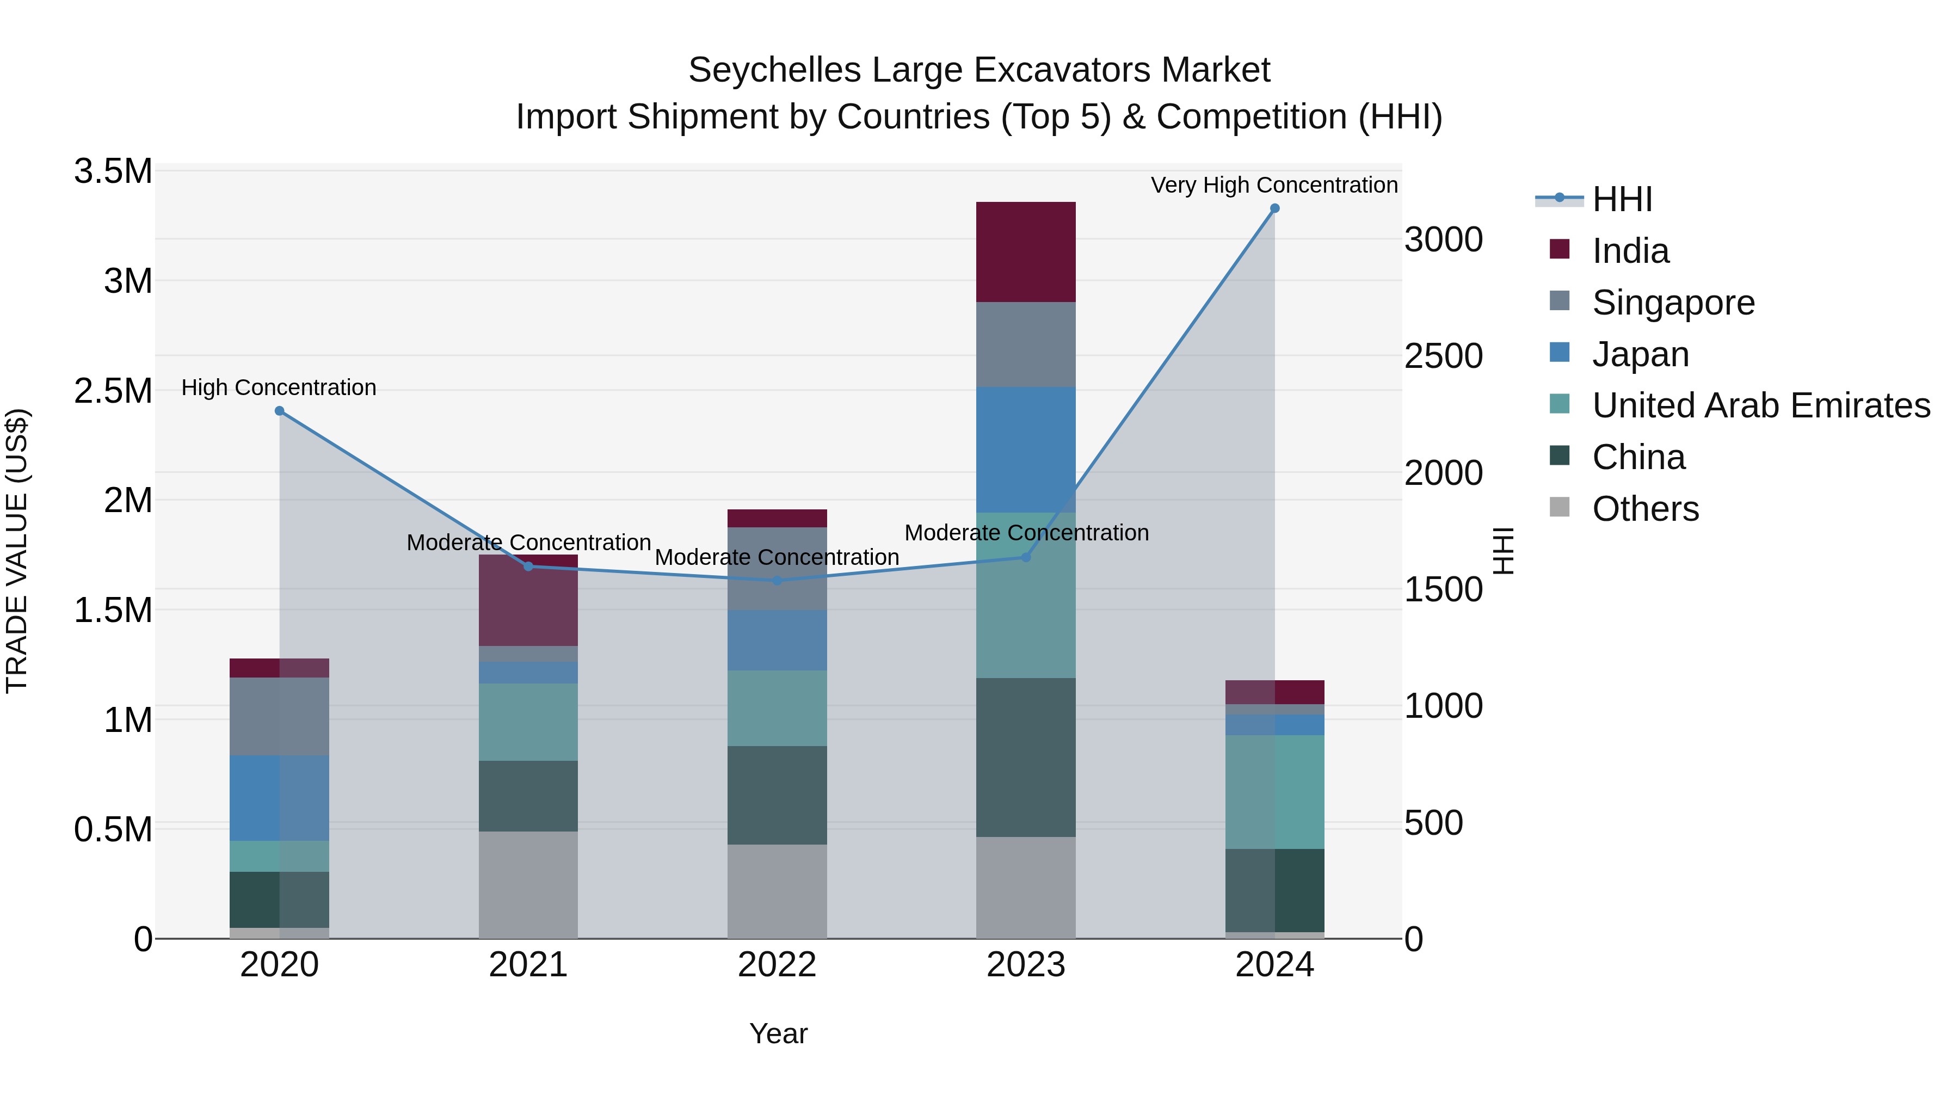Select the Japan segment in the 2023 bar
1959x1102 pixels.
[x=1025, y=450]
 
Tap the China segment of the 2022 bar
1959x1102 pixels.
[x=777, y=795]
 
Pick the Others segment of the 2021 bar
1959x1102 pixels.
[x=528, y=884]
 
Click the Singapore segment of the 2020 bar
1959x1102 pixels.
[x=279, y=716]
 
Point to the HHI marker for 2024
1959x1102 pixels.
[x=1274, y=208]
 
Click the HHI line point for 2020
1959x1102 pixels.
[x=279, y=411]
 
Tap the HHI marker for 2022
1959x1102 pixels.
[x=777, y=580]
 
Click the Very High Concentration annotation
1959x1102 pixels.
[x=1274, y=185]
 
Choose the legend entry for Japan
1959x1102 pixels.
[x=1640, y=354]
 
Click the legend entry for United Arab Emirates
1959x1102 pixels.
[x=1760, y=405]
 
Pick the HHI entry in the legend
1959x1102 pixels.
[x=1622, y=199]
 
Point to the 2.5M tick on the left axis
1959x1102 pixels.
[x=113, y=391]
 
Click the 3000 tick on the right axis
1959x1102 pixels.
[x=1443, y=239]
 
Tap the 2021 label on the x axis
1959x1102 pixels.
[x=528, y=965]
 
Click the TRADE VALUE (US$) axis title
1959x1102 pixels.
[x=17, y=551]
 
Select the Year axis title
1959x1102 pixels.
[x=778, y=1033]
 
